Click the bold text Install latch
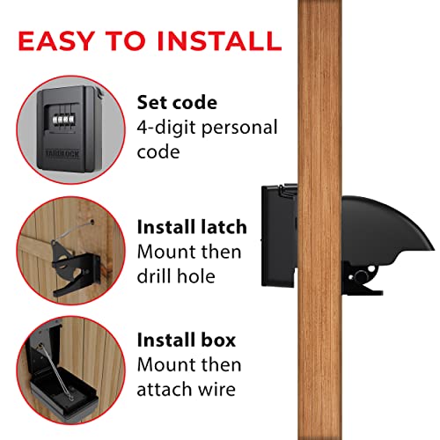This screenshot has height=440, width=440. click(192, 227)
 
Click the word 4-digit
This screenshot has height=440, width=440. click(165, 128)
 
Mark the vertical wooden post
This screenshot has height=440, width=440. click(313, 220)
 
